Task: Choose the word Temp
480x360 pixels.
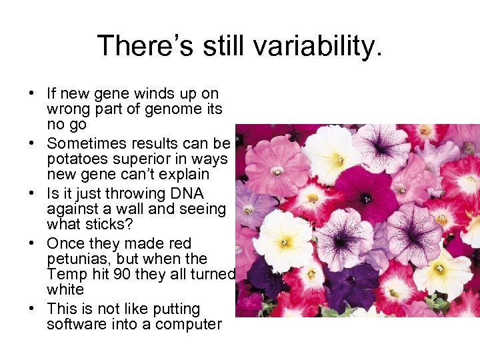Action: pyautogui.click(x=65, y=275)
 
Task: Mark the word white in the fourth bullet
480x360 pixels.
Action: pyautogui.click(x=65, y=290)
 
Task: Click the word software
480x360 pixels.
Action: pyautogui.click(x=75, y=325)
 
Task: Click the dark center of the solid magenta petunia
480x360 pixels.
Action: pyautogui.click(x=365, y=198)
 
